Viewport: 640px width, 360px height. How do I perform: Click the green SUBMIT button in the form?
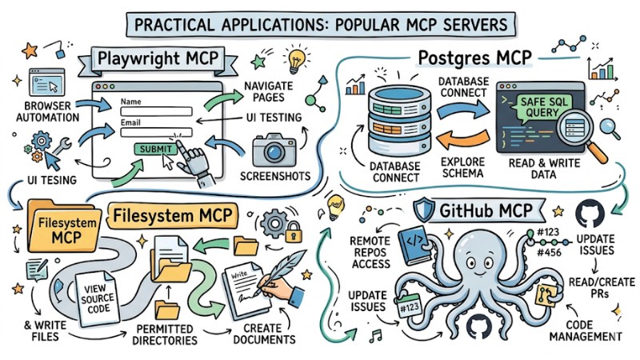pyautogui.click(x=155, y=150)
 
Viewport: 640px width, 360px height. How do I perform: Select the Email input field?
pyautogui.click(x=156, y=132)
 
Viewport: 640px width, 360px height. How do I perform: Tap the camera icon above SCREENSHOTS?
pyautogui.click(x=274, y=150)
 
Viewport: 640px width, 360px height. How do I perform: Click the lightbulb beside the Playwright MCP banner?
pyautogui.click(x=296, y=61)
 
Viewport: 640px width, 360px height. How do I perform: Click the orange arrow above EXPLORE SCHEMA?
pyautogui.click(x=463, y=140)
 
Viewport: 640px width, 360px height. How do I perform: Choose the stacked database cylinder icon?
pyautogui.click(x=398, y=119)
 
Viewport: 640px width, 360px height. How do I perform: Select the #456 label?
pyautogui.click(x=548, y=253)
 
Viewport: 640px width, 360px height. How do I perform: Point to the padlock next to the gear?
pyautogui.click(x=294, y=232)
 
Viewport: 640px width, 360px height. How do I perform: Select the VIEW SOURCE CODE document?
pyautogui.click(x=97, y=298)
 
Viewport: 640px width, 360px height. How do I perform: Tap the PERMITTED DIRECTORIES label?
pyautogui.click(x=165, y=334)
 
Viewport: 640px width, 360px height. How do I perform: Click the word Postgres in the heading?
pyautogui.click(x=454, y=58)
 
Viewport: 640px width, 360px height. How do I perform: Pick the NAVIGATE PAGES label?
pyautogui.click(x=269, y=91)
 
